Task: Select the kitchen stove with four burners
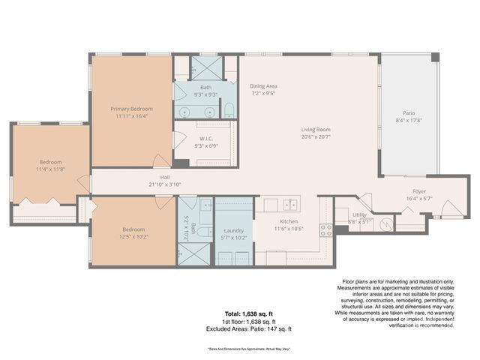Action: [326, 229]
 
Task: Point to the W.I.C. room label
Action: [207, 139]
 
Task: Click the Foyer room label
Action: [419, 191]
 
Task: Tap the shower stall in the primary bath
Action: [205, 67]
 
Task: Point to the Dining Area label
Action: [263, 86]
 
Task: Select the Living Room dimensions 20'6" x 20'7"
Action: [316, 136]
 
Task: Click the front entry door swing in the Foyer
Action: [447, 208]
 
